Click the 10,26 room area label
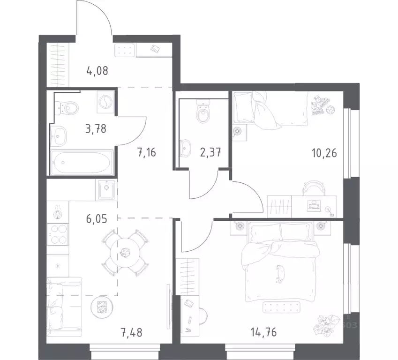point(324,152)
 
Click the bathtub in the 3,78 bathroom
point(83,163)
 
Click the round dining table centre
point(125,254)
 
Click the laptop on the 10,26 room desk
point(313,204)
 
